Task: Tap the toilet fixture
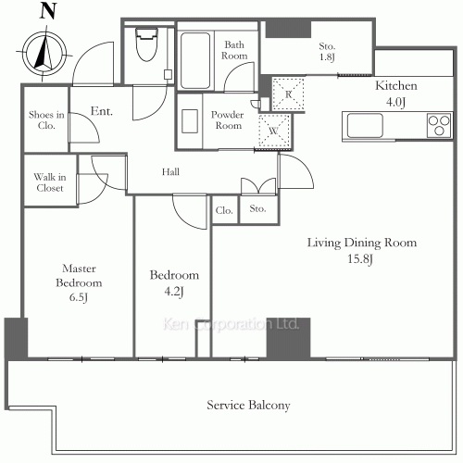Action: tap(147, 44)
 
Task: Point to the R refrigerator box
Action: tap(288, 93)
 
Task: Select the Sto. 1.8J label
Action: tap(327, 53)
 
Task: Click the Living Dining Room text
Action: tap(362, 243)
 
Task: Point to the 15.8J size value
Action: tap(362, 259)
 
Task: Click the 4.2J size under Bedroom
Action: tap(174, 293)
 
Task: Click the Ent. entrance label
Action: tap(102, 112)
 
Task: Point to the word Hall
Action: tap(170, 171)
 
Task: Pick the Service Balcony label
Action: tap(248, 405)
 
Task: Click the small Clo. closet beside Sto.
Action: tap(225, 209)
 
